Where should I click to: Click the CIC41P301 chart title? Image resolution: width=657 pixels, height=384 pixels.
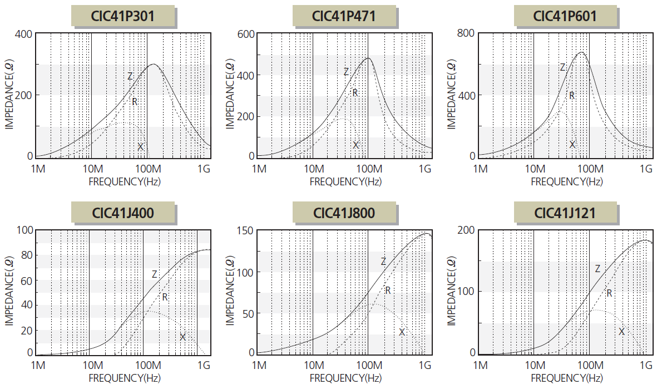123,16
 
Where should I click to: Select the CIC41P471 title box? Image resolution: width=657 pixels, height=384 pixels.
344,16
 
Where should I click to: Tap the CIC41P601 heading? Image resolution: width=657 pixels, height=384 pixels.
565,16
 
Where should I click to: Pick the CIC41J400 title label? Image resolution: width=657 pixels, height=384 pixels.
123,212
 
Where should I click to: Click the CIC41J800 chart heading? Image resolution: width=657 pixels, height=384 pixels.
344,213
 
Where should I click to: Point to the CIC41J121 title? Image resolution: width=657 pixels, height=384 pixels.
565,213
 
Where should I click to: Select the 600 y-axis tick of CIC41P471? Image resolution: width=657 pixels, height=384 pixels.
246,34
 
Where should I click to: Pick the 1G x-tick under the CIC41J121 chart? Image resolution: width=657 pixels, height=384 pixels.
646,365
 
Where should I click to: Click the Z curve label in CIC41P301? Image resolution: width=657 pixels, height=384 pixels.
130,76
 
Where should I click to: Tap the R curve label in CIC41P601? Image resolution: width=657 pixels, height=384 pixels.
571,96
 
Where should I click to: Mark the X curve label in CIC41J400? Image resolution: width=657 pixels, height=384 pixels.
182,337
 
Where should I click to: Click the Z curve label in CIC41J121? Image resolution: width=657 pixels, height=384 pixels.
597,269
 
